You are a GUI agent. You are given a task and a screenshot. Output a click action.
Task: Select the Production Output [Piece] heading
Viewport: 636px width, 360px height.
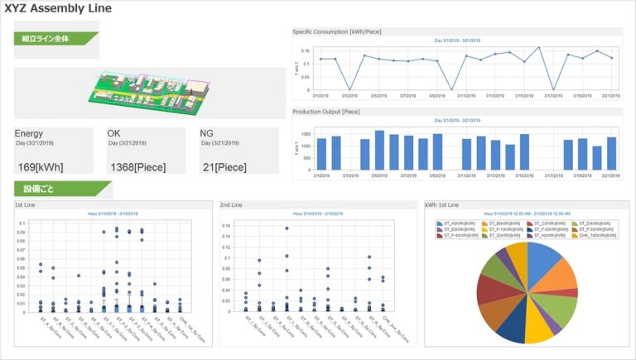(326, 111)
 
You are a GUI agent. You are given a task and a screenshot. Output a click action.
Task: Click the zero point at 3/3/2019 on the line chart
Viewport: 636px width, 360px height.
(350, 89)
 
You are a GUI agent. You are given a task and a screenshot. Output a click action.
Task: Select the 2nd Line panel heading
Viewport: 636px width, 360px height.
(231, 204)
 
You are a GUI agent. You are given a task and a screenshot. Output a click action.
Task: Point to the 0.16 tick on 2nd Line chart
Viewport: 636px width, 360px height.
(224, 224)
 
